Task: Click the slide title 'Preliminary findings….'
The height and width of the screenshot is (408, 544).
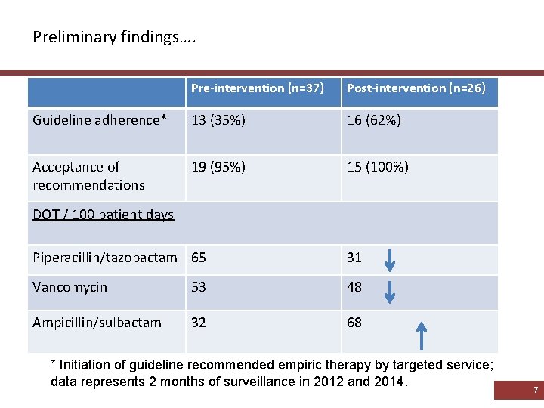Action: click(x=114, y=36)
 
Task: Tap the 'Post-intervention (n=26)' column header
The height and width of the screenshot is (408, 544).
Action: click(x=416, y=88)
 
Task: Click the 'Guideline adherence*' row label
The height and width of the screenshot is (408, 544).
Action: click(x=99, y=120)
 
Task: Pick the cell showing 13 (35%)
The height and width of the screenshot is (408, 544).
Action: click(x=218, y=120)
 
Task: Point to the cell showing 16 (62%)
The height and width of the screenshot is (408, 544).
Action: click(x=374, y=120)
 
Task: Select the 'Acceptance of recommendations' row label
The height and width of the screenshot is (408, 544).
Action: click(x=88, y=175)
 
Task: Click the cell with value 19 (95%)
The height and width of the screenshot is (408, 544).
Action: click(x=218, y=167)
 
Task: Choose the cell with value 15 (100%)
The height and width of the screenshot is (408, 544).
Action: click(x=377, y=167)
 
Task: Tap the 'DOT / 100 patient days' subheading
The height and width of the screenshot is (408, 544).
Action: click(x=103, y=215)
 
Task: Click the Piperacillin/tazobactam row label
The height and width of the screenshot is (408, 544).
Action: click(x=104, y=258)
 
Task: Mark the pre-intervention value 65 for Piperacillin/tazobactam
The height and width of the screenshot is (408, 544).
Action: click(x=199, y=258)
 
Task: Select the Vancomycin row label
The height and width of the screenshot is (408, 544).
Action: click(x=70, y=287)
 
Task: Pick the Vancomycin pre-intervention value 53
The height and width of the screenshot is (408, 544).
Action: click(x=199, y=287)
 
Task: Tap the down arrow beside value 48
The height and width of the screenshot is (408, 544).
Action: click(x=389, y=290)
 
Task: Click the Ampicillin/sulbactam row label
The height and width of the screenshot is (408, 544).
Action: click(x=97, y=323)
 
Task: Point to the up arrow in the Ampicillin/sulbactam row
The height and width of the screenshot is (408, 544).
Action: click(x=422, y=335)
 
